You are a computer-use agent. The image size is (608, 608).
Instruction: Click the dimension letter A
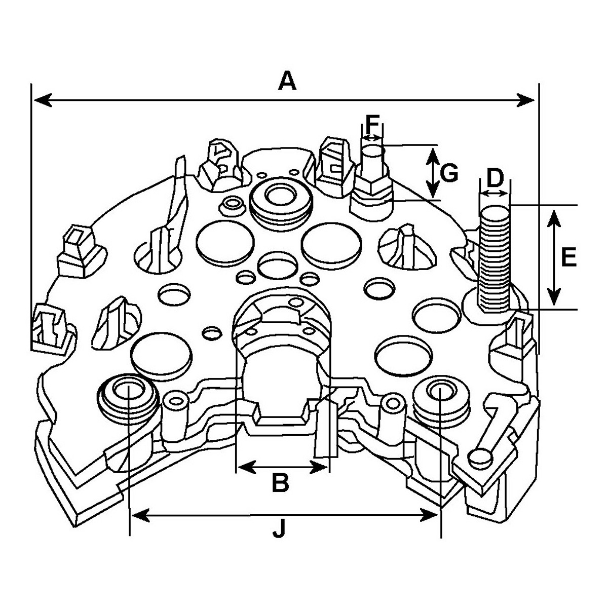coord(287,81)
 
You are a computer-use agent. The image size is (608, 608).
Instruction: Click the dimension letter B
coord(281,483)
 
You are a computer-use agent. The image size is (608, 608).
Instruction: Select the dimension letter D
coord(495,178)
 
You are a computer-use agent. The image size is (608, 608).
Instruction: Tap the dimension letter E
coord(569,258)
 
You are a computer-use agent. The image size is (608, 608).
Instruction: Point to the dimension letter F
coord(372,125)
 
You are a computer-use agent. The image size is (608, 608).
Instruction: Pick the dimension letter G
coord(449,173)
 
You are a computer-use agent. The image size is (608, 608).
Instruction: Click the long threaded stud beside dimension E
coord(494,257)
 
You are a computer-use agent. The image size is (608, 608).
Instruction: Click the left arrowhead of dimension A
coord(43,100)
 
